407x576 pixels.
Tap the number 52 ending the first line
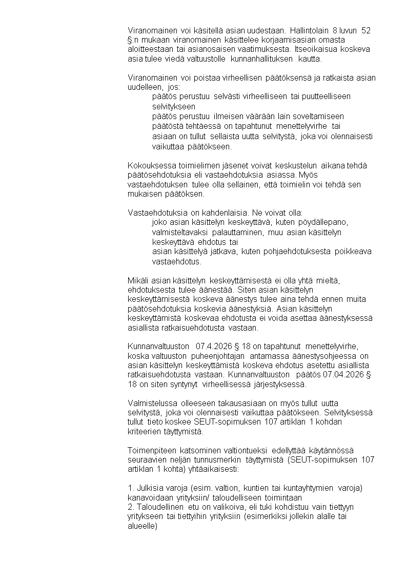click(x=366, y=30)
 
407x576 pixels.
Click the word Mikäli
click(x=137, y=280)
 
